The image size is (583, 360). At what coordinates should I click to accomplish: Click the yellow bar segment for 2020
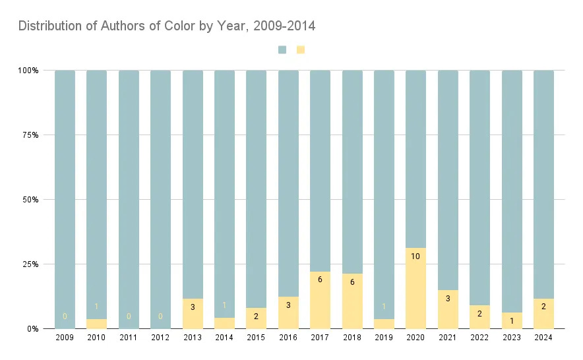pyautogui.click(x=415, y=288)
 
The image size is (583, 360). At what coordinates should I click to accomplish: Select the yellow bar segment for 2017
pyautogui.click(x=320, y=300)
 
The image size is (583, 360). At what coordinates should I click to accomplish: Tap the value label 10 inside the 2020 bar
pyautogui.click(x=415, y=256)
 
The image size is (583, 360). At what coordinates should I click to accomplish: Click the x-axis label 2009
pyautogui.click(x=65, y=338)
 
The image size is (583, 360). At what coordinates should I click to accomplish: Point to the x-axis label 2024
pyautogui.click(x=543, y=338)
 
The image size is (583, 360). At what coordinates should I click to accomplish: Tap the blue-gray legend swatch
pyautogui.click(x=282, y=49)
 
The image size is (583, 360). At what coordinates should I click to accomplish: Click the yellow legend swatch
pyautogui.click(x=301, y=49)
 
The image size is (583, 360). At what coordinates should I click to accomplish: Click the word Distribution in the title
pyautogui.click(x=46, y=26)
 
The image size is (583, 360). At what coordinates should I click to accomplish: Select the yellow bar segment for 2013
pyautogui.click(x=193, y=314)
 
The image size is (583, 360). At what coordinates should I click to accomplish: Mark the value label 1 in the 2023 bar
pyautogui.click(x=512, y=320)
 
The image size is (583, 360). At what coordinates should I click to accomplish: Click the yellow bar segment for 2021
pyautogui.click(x=448, y=309)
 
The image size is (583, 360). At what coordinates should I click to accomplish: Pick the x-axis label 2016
pyautogui.click(x=288, y=338)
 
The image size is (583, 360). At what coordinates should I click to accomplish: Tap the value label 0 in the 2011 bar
pyautogui.click(x=129, y=316)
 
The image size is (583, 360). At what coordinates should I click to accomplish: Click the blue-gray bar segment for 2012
pyautogui.click(x=160, y=198)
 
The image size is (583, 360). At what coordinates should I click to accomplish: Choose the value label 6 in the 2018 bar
pyautogui.click(x=352, y=282)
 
